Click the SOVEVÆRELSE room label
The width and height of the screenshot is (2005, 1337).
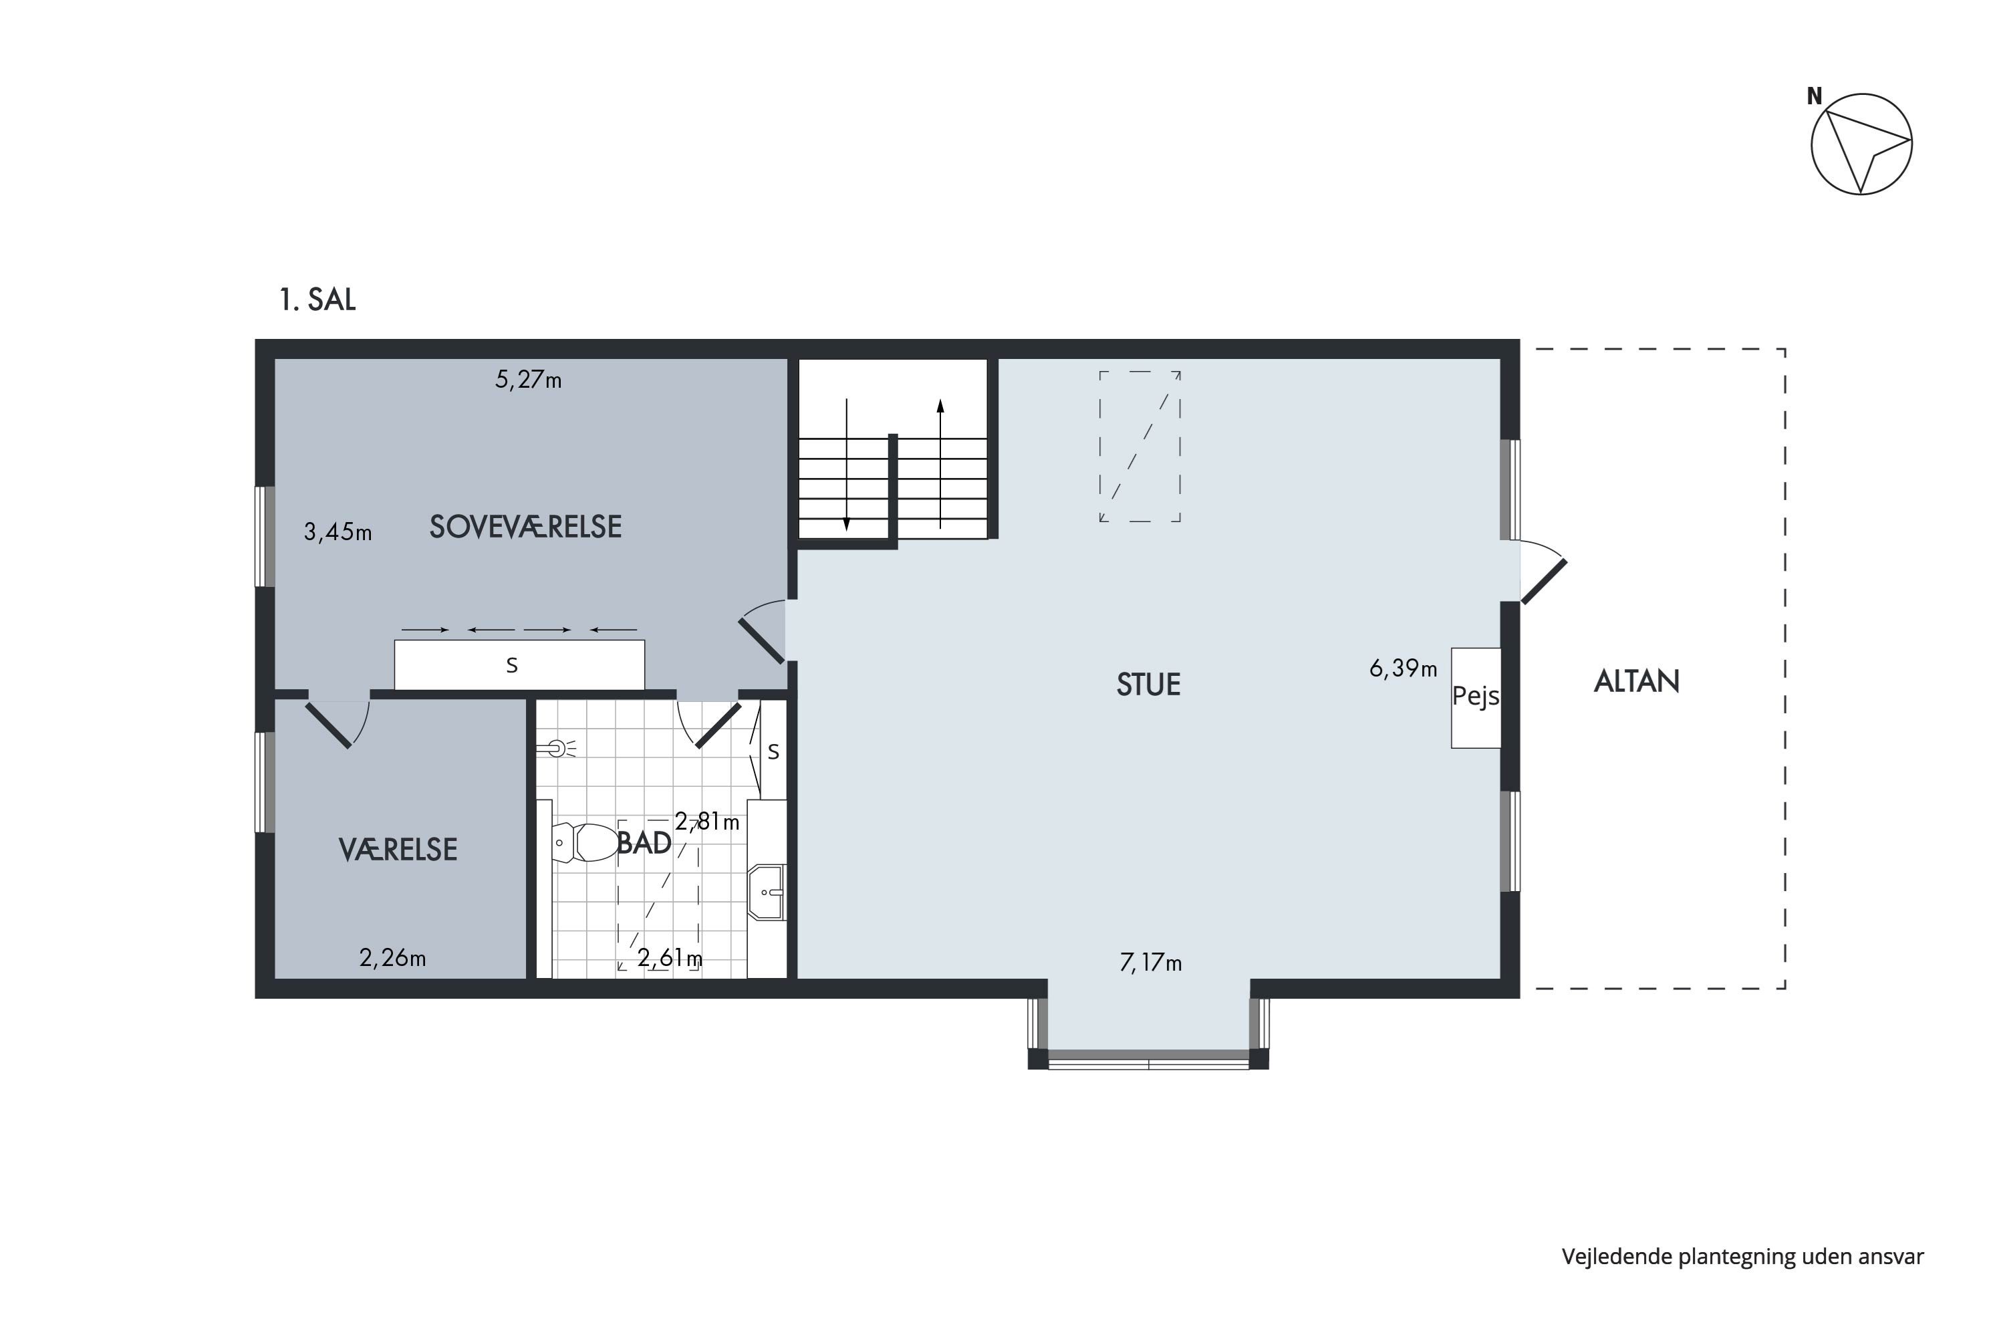525,527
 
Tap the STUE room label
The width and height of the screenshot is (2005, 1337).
1148,685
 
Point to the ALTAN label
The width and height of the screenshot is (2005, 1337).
1637,681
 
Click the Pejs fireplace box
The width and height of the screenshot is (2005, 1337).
1476,697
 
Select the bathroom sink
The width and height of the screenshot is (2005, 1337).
767,892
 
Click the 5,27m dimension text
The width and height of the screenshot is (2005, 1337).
529,380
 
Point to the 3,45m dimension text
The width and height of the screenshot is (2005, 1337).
338,532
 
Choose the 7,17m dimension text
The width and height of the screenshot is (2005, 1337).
1151,963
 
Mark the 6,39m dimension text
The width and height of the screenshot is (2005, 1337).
1403,668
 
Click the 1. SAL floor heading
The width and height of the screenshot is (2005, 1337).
317,299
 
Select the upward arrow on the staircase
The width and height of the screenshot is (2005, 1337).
940,464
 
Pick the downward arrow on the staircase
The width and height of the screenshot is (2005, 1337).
847,465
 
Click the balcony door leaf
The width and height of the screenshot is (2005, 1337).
1544,582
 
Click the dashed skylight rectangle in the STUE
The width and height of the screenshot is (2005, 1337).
1140,446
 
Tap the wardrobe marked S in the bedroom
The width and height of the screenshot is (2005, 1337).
519,664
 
